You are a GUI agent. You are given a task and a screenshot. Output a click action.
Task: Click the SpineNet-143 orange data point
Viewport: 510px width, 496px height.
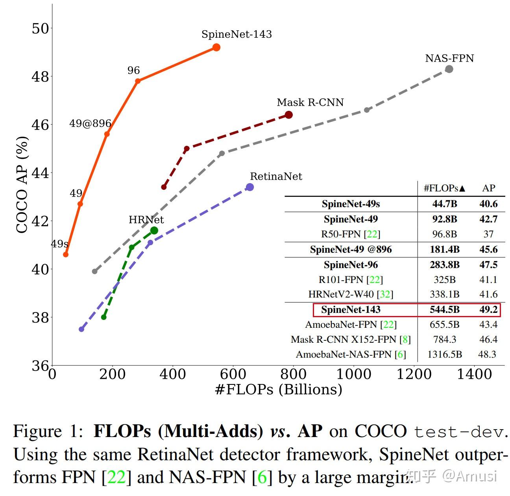pyautogui.click(x=216, y=47)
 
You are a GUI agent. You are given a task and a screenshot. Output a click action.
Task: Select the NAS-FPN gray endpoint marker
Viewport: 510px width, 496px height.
pyautogui.click(x=449, y=69)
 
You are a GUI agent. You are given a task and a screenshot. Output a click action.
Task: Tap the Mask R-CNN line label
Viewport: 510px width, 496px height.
pyautogui.click(x=310, y=103)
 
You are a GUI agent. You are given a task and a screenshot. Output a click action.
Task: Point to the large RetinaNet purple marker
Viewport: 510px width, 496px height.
pyautogui.click(x=249, y=187)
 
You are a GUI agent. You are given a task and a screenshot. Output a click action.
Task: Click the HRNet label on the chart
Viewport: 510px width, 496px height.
pyautogui.click(x=146, y=220)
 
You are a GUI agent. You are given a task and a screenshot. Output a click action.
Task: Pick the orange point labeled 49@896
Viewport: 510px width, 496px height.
pyautogui.click(x=107, y=134)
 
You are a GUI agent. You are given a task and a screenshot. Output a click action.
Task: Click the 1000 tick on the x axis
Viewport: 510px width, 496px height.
pyautogui.click(x=354, y=374)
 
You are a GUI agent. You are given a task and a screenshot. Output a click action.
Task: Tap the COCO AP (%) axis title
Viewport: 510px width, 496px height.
pyautogui.click(x=22, y=185)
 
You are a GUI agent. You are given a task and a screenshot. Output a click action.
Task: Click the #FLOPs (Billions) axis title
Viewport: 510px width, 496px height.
pyautogui.click(x=279, y=389)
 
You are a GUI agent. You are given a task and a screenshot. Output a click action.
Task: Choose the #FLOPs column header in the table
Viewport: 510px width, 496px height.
pyautogui.click(x=444, y=188)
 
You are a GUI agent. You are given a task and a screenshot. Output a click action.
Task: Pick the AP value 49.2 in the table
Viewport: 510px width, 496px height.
pyautogui.click(x=488, y=310)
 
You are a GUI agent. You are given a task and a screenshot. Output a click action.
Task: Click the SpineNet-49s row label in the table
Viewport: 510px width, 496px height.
pyautogui.click(x=351, y=204)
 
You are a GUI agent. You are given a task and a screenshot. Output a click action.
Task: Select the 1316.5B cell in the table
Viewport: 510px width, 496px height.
pyautogui.click(x=445, y=355)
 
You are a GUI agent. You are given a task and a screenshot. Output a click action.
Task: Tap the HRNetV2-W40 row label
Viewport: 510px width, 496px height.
pyautogui.click(x=351, y=294)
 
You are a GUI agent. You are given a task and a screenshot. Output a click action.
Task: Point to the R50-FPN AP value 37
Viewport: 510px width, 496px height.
pyautogui.click(x=488, y=234)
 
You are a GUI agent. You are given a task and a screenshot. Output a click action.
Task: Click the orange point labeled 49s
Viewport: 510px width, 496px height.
pyautogui.click(x=66, y=255)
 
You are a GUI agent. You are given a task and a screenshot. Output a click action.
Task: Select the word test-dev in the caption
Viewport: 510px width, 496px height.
pyautogui.click(x=459, y=432)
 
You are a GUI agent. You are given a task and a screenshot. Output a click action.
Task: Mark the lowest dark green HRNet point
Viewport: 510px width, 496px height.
pyautogui.click(x=104, y=317)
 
